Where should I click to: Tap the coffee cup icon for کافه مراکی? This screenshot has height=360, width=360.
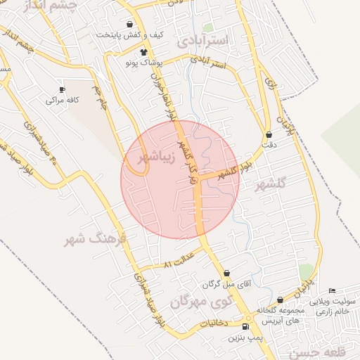62,89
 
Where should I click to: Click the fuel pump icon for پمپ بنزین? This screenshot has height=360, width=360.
245,327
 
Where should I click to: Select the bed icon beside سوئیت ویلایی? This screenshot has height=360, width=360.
333,291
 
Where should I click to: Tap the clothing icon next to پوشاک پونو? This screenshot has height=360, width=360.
144,52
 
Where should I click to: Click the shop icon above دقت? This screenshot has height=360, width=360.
268,134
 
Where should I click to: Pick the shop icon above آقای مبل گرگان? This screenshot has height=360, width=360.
226,274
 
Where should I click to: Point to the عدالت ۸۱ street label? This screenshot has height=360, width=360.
178,260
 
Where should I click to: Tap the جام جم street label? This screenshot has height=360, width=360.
104,98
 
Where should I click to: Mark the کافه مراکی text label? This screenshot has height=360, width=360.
62,101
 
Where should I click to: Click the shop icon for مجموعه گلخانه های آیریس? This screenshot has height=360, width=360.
280,300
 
